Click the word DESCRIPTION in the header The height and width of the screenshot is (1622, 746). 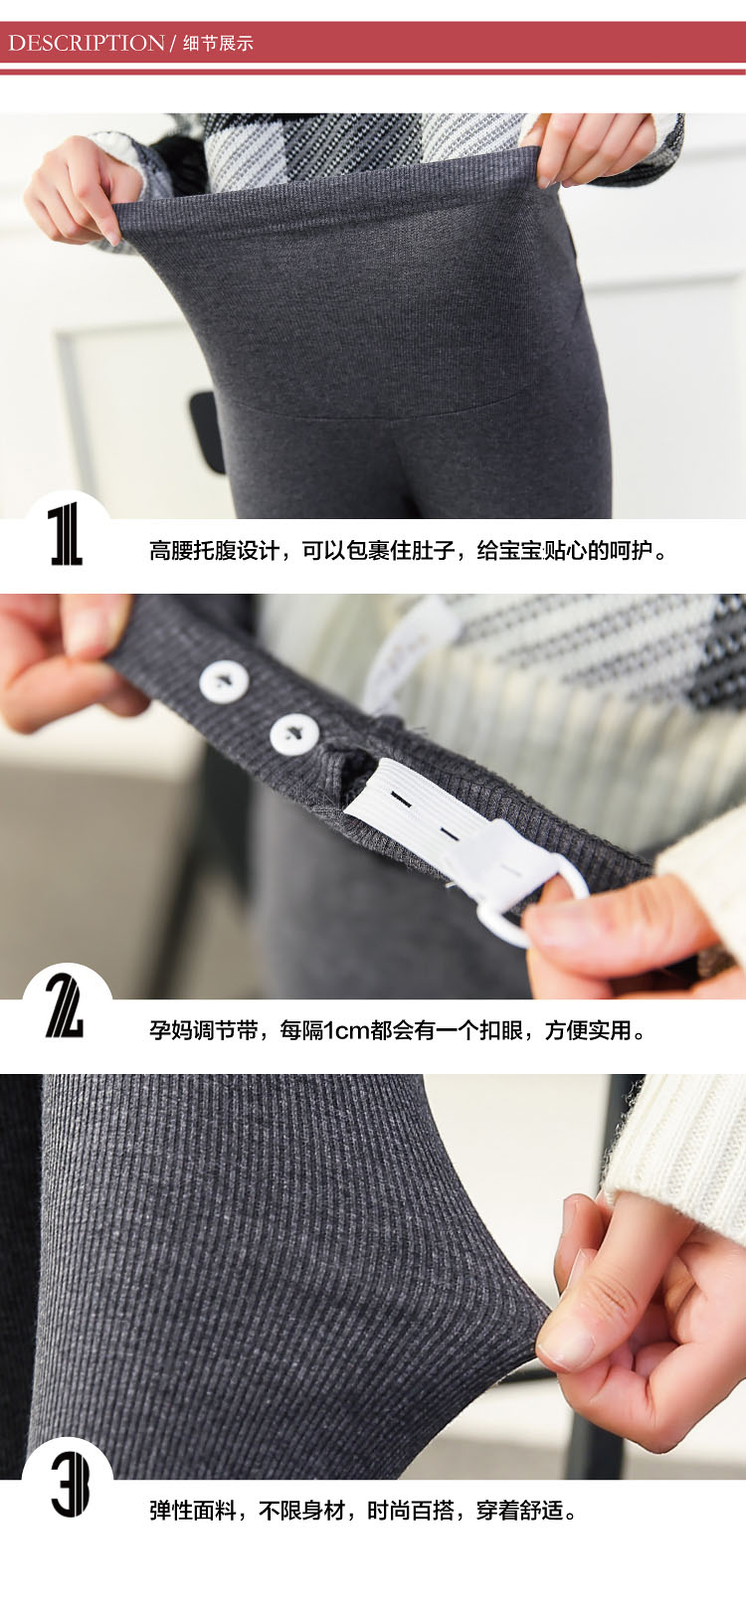[87, 43]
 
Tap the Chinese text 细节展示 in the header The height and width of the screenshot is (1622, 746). [218, 44]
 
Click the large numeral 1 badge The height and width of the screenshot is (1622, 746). [66, 535]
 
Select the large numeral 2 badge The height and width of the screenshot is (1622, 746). [65, 1005]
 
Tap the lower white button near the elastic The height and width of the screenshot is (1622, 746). [294, 734]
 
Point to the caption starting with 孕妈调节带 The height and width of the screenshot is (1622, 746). [398, 1029]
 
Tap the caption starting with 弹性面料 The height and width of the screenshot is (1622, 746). [364, 1510]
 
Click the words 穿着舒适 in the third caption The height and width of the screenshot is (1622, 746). [519, 1510]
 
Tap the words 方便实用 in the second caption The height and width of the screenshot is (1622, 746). [588, 1029]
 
